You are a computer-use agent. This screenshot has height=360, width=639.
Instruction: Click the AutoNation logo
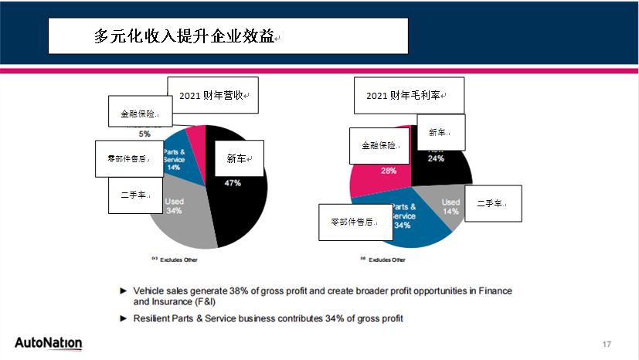tap(48, 343)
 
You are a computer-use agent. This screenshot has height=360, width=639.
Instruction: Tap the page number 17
tap(607, 343)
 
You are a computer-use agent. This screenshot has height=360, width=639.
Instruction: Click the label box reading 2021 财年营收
tap(212, 96)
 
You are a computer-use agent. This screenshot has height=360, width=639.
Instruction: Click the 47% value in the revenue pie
tap(233, 184)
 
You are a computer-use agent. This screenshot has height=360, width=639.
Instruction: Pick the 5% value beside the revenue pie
tap(144, 134)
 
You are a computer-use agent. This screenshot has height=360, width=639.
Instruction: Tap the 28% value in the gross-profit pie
tap(389, 171)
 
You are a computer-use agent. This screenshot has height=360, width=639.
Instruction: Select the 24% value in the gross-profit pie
tap(436, 158)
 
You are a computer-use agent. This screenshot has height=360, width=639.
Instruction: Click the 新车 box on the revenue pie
tap(240, 159)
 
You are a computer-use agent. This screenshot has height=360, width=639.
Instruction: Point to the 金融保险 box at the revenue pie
tap(140, 113)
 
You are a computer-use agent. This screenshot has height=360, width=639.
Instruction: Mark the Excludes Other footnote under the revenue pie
tap(175, 260)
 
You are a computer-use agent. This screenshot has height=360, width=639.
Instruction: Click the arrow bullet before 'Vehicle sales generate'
tap(123, 291)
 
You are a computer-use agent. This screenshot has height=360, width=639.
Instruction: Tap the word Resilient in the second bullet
tap(153, 318)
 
